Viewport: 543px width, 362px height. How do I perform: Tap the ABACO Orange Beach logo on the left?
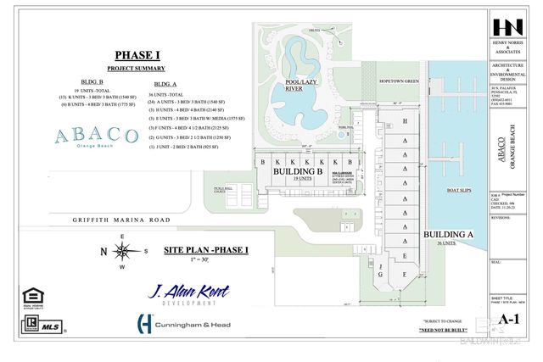point(95,137)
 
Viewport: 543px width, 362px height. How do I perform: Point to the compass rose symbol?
point(123,251)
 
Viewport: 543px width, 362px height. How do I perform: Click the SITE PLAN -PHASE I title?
point(205,250)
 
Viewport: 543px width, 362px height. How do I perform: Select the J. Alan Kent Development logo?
point(189,295)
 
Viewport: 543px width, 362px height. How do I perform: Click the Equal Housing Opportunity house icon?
point(35,297)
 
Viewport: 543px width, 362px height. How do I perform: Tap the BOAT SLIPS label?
point(458,191)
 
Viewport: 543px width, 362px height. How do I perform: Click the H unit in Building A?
point(405,122)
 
